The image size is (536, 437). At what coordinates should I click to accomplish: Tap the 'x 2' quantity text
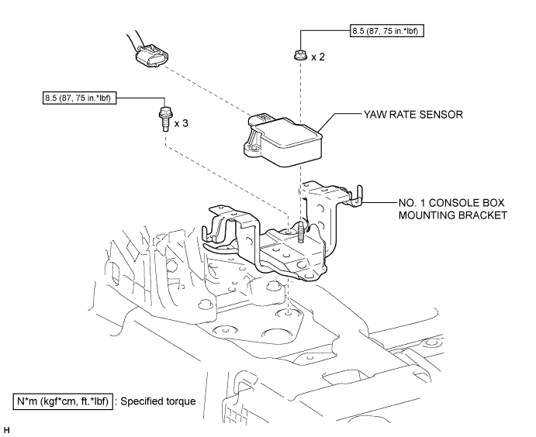coord(317,57)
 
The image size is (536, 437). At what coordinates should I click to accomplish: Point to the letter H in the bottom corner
coord(6,428)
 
